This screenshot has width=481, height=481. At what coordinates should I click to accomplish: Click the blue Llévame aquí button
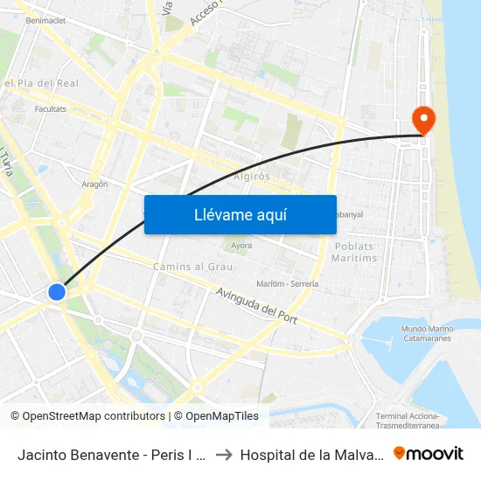click(240, 214)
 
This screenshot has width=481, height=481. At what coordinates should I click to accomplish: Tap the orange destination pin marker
click(423, 120)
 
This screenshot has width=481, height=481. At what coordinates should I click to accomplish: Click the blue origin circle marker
click(57, 292)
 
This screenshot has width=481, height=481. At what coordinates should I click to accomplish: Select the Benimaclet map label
click(46, 19)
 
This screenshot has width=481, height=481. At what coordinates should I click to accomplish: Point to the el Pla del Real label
click(41, 83)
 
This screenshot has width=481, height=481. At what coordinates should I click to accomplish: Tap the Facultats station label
click(51, 109)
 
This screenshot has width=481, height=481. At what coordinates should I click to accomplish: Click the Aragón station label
click(94, 185)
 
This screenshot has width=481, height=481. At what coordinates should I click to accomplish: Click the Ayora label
click(241, 246)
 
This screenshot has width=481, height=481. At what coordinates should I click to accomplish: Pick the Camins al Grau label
click(192, 266)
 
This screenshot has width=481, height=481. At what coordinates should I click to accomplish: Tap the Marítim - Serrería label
click(288, 284)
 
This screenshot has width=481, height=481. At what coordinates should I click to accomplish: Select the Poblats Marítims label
click(355, 253)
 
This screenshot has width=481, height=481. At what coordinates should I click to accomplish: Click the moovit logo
click(428, 453)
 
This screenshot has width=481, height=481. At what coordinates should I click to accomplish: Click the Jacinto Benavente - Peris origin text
click(110, 454)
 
